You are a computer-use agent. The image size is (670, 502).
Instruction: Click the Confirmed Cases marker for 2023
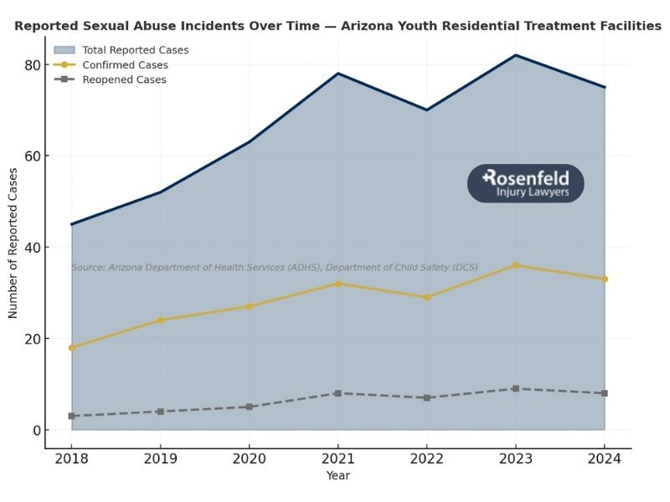click(x=516, y=265)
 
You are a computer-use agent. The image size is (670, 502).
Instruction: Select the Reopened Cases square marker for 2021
click(x=338, y=393)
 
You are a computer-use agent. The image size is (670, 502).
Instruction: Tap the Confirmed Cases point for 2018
click(x=72, y=347)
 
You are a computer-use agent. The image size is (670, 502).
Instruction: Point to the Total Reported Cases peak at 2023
click(x=516, y=55)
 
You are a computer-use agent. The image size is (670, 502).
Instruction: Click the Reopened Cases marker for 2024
click(x=605, y=393)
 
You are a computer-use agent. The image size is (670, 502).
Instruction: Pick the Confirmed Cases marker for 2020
click(x=250, y=306)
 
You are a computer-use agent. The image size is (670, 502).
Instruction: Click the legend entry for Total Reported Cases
click(x=135, y=50)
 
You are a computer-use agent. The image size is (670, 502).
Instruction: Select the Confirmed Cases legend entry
click(x=125, y=65)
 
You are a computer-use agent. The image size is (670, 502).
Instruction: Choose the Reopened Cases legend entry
click(x=124, y=80)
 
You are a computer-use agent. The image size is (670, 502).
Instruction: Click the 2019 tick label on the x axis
click(x=161, y=459)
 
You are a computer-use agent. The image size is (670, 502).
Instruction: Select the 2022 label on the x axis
click(x=427, y=459)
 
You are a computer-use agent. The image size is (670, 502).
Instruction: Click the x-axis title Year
click(x=338, y=476)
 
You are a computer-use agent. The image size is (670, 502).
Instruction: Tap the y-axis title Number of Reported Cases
click(x=13, y=243)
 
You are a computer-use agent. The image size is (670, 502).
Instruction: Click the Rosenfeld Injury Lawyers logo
click(x=525, y=183)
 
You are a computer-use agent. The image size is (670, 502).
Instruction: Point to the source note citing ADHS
click(x=275, y=268)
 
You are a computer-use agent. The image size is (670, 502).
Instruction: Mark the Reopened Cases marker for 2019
click(x=161, y=412)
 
